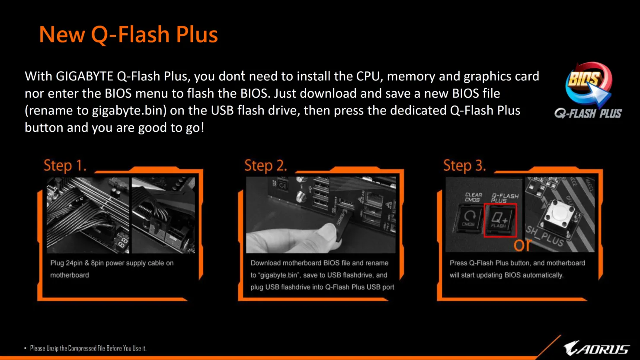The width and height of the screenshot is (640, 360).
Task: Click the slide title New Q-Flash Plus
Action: pyautogui.click(x=128, y=35)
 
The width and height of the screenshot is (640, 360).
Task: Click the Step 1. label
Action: pyautogui.click(x=65, y=166)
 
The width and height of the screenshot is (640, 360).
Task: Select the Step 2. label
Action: pyautogui.click(x=266, y=166)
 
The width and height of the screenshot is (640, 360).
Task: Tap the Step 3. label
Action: pyautogui.click(x=464, y=166)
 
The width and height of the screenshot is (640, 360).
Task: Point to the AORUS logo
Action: pyautogui.click(x=596, y=348)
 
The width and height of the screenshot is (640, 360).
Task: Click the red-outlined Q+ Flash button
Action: pyautogui.click(x=500, y=220)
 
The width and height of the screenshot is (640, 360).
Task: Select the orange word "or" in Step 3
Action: pyautogui.click(x=522, y=244)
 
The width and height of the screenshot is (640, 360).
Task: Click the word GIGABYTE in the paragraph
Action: pyautogui.click(x=85, y=76)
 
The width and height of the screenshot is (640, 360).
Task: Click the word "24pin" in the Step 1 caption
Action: pyautogui.click(x=74, y=263)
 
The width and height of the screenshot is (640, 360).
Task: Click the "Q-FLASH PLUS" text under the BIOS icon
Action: pyautogui.click(x=588, y=113)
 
